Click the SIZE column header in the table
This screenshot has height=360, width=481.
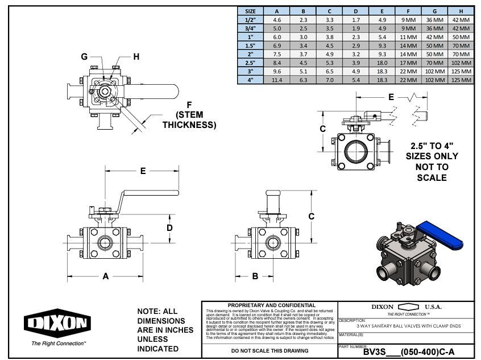(x=250, y=11)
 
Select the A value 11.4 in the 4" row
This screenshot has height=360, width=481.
(x=277, y=80)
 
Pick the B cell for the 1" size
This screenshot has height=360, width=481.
(x=304, y=36)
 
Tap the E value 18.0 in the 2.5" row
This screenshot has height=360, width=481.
(x=382, y=63)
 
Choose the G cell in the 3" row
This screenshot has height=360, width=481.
(x=435, y=72)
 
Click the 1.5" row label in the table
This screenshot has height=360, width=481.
(x=250, y=45)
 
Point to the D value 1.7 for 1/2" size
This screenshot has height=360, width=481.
(x=356, y=19)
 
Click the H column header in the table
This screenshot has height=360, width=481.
(x=461, y=11)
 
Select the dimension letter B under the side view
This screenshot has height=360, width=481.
(x=255, y=276)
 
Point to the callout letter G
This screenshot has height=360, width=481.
(x=84, y=56)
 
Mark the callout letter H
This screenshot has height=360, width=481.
(x=136, y=56)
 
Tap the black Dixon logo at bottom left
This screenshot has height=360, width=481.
(x=57, y=323)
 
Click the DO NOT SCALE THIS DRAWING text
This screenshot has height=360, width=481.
(x=269, y=351)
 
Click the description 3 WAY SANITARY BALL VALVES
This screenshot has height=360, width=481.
(x=408, y=326)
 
